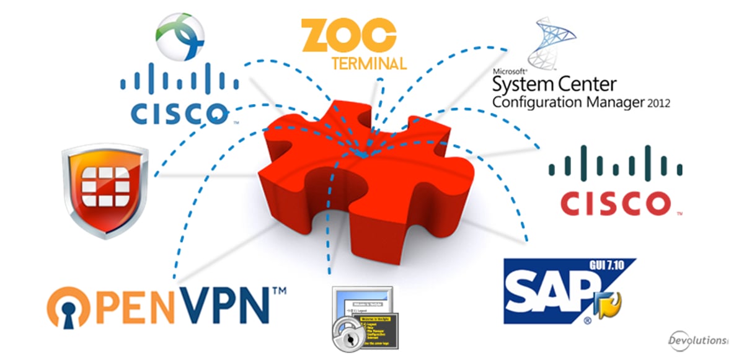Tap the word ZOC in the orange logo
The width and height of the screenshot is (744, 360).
click(348, 35)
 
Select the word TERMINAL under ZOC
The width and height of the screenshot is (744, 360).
click(370, 63)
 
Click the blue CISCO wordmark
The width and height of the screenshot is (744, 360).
click(179, 112)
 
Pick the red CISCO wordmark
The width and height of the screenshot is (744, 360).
click(616, 203)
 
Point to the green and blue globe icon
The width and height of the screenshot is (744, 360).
click(180, 36)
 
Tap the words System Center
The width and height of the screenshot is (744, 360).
click(554, 84)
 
